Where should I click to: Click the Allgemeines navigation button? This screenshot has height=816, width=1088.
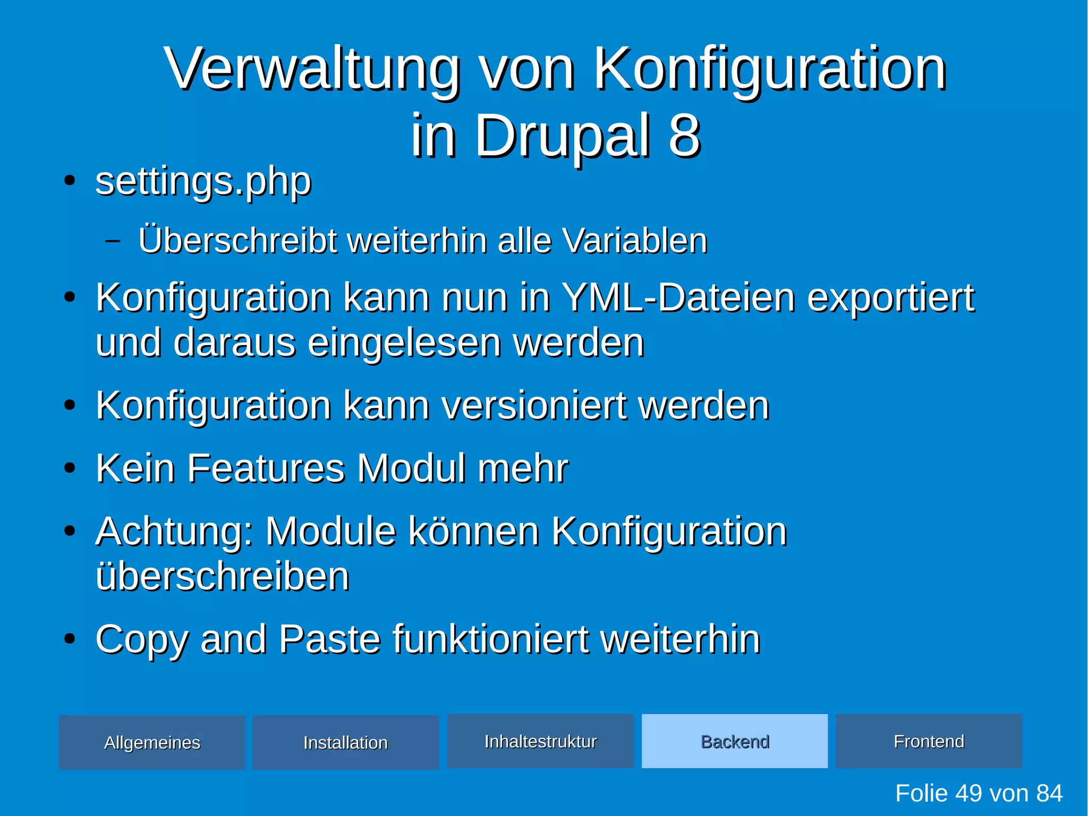pyautogui.click(x=152, y=742)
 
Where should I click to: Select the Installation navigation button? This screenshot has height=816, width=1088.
pyautogui.click(x=345, y=742)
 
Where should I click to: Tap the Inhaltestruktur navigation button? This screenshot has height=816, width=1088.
pyautogui.click(x=540, y=741)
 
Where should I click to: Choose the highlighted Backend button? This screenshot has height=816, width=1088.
pyautogui.click(x=735, y=741)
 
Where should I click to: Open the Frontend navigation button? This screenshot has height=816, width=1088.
pyautogui.click(x=929, y=741)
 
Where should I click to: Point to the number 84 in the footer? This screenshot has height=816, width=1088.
pyautogui.click(x=1049, y=794)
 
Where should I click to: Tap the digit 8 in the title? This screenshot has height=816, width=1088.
pyautogui.click(x=684, y=136)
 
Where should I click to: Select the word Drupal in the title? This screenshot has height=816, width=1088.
pyautogui.click(x=563, y=136)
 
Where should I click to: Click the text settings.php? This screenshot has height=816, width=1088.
pyautogui.click(x=203, y=182)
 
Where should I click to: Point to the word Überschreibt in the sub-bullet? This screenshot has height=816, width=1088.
pyautogui.click(x=237, y=240)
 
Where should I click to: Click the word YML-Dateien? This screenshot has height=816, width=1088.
pyautogui.click(x=678, y=298)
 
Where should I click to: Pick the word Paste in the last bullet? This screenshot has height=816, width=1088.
pyautogui.click(x=329, y=638)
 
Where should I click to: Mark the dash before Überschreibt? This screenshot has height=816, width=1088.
pyautogui.click(x=113, y=241)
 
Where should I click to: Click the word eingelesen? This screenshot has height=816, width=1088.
pyautogui.click(x=404, y=343)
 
